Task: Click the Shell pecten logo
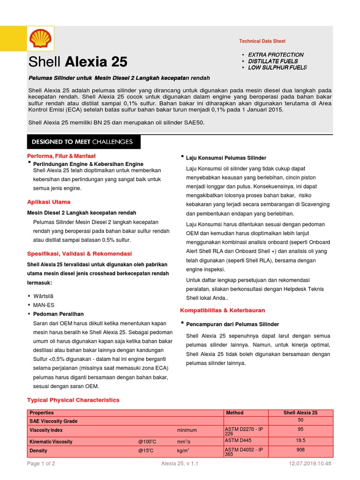(x=41, y=39)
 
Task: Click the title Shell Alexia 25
(x=78, y=62)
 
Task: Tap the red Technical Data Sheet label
(x=262, y=41)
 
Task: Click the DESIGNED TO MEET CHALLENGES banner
(x=82, y=142)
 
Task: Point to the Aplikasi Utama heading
(x=49, y=202)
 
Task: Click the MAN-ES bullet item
(x=44, y=305)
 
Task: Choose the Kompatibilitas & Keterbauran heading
(x=223, y=310)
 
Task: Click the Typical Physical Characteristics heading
(x=74, y=400)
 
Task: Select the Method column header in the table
(x=235, y=412)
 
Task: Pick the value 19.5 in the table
(x=300, y=441)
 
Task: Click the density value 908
(x=300, y=450)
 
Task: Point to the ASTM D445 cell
(x=239, y=440)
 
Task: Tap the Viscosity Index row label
(x=46, y=430)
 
